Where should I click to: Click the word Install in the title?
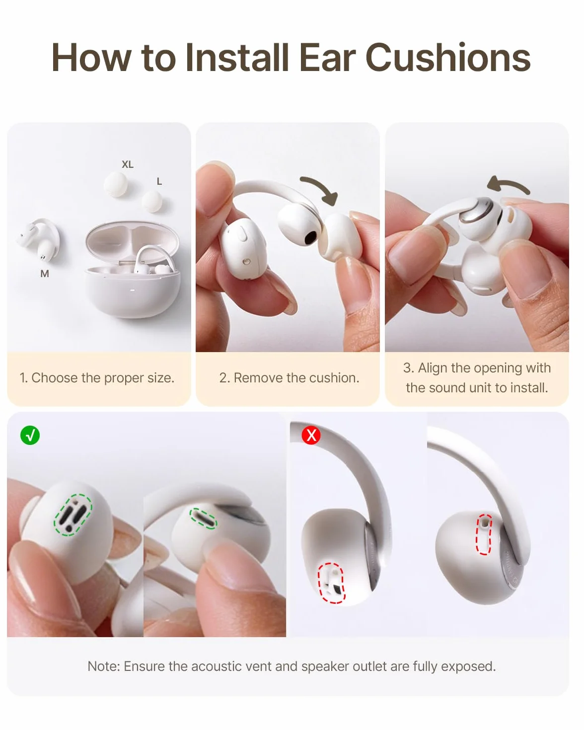tap(237, 58)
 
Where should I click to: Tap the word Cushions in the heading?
tap(448, 58)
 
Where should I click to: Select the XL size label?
tap(128, 164)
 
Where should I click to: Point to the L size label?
tap(159, 181)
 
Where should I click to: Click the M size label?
tap(45, 274)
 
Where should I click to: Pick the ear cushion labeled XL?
tap(116, 184)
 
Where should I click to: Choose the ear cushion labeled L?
tap(151, 201)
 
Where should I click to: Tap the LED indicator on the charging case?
tap(132, 291)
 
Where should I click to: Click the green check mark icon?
tap(30, 435)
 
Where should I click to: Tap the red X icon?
tap(311, 435)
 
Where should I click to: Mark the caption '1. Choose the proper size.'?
tap(97, 378)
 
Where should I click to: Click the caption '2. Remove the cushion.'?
tap(289, 378)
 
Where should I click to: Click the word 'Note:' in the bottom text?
tap(103, 666)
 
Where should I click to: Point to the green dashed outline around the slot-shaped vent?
tap(204, 518)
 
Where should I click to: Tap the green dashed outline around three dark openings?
tap(73, 515)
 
